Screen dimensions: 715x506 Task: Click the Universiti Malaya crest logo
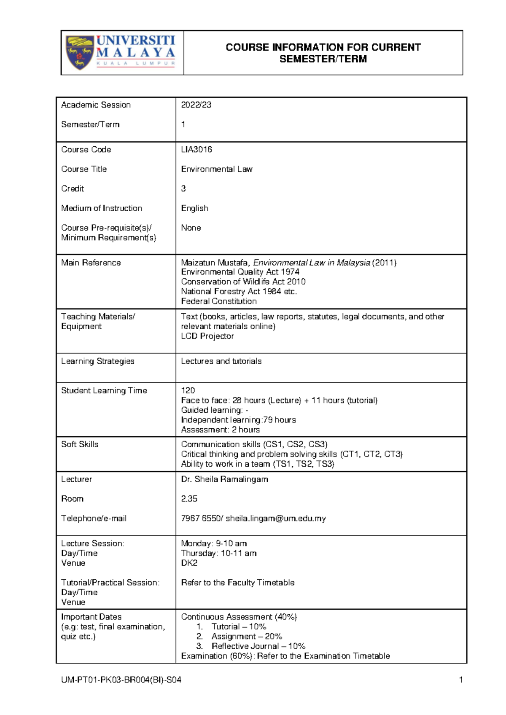[79, 53]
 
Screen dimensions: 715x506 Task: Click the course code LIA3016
[196, 150]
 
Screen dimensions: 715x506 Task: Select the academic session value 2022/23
[196, 105]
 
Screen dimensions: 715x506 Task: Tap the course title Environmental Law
[217, 169]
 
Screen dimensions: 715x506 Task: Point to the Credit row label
[73, 189]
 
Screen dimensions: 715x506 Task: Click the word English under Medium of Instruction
[194, 208]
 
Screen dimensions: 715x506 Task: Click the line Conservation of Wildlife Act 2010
[243, 282]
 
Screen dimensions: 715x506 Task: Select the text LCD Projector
[207, 336]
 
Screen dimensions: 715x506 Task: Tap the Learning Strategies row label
[98, 361]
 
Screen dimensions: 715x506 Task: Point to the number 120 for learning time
[188, 390]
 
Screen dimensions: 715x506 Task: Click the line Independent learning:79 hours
[238, 420]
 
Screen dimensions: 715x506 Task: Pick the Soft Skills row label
[80, 444]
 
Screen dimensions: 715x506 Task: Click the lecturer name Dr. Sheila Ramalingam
[224, 479]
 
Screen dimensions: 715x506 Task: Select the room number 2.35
[189, 499]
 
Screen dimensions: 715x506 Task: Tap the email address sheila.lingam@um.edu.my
[275, 519]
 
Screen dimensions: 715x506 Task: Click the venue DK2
[189, 563]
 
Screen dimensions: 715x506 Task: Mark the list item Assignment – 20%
[247, 637]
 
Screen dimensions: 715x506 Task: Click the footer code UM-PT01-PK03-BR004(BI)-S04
[121, 680]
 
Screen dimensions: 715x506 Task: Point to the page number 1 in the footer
[461, 680]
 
